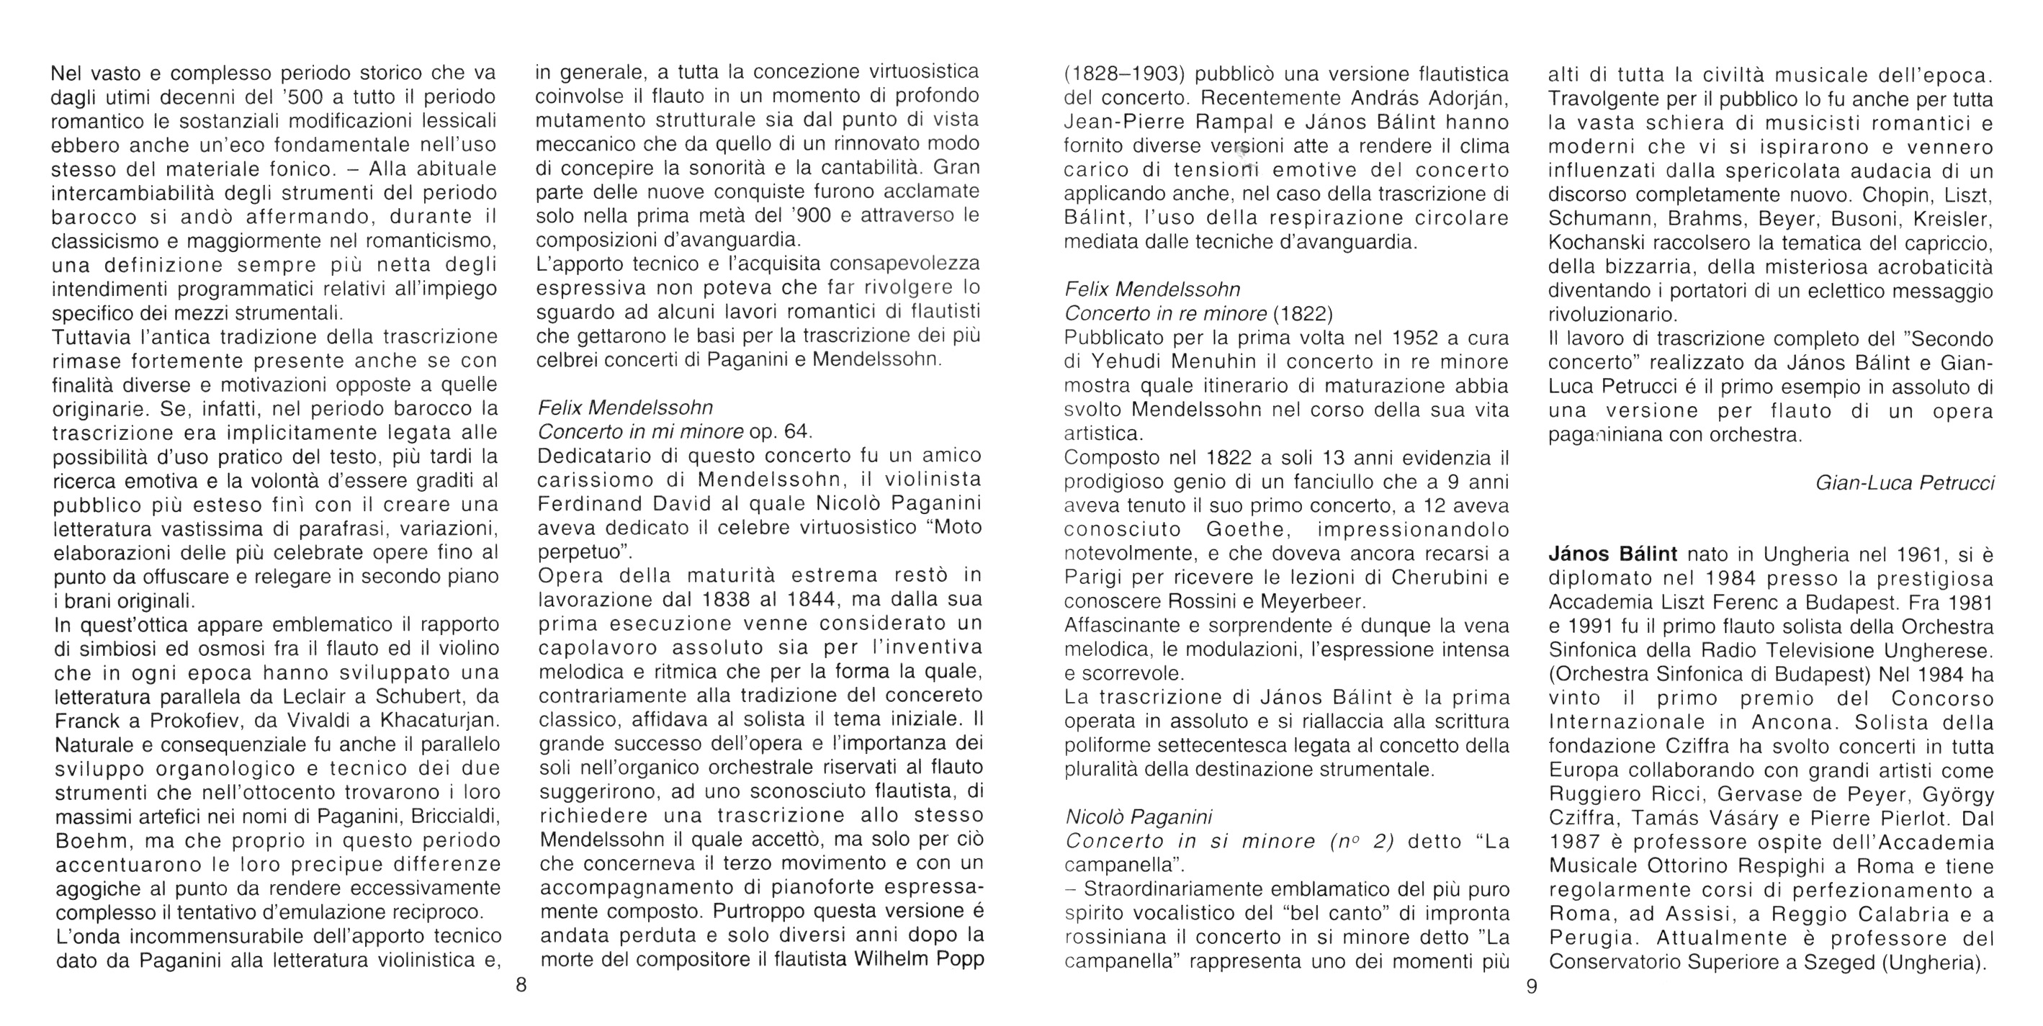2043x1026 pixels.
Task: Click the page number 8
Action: (521, 986)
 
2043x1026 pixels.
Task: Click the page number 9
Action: (1532, 986)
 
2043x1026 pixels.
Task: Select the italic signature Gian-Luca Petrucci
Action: (1904, 483)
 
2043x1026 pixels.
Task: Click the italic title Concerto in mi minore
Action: (640, 431)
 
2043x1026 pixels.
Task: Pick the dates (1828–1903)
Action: (1124, 75)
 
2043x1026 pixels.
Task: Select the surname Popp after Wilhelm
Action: (956, 959)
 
